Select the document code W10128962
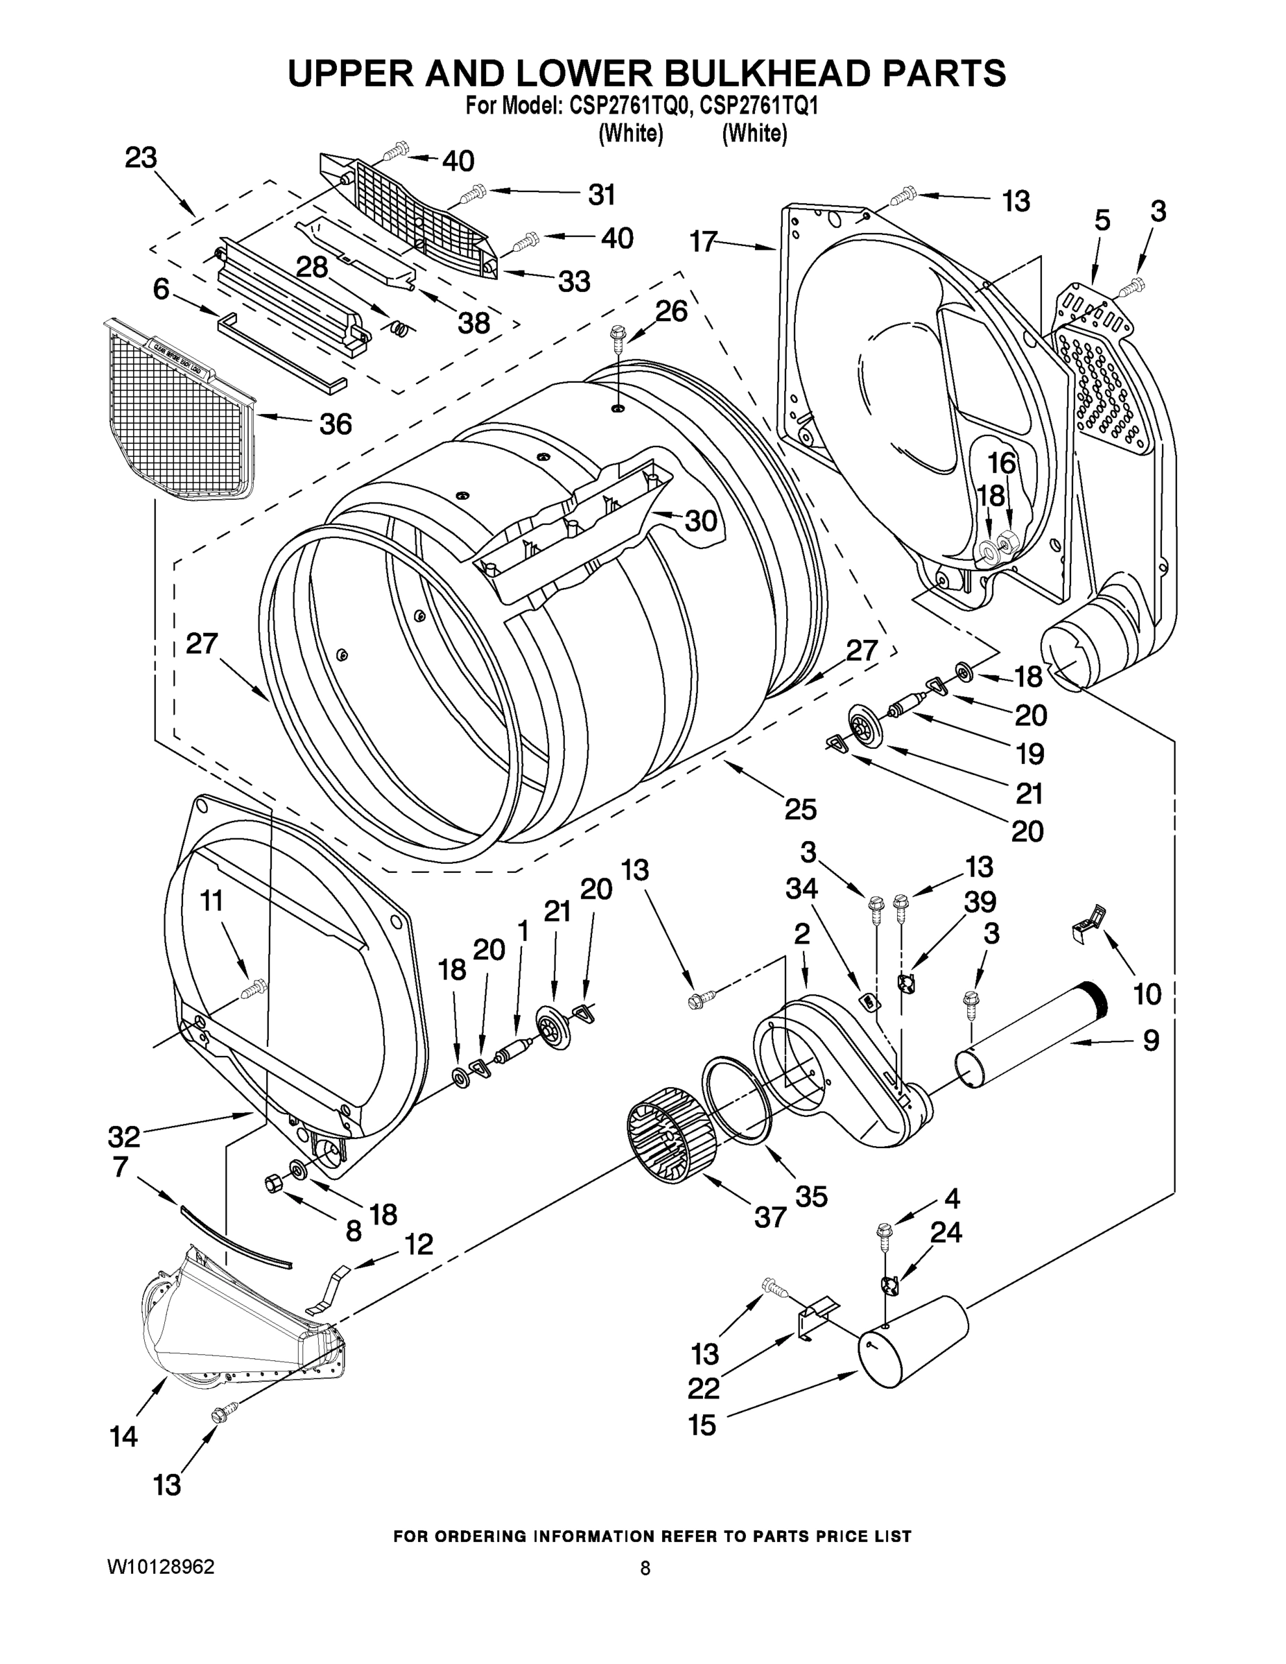(161, 1566)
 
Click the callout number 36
(336, 424)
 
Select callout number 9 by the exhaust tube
(1150, 1039)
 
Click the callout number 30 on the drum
(701, 521)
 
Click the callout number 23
(141, 157)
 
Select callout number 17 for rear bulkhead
(704, 241)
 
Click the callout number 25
(801, 808)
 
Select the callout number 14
(123, 1437)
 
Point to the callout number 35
(811, 1197)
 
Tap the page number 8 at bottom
(645, 1568)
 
